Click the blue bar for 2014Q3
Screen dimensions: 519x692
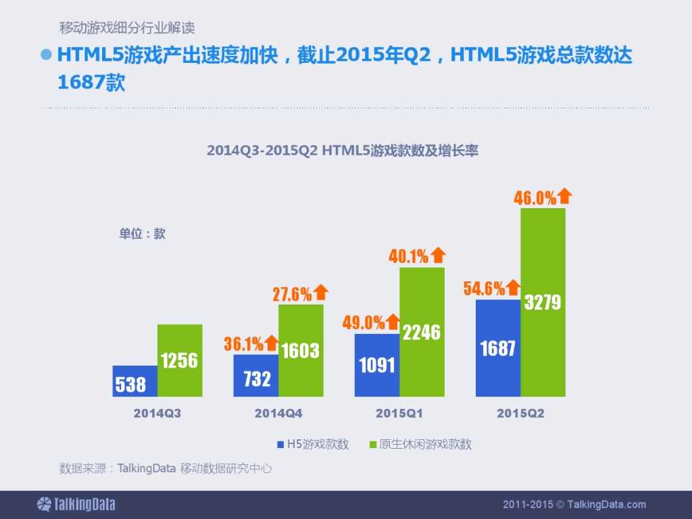pyautogui.click(x=135, y=381)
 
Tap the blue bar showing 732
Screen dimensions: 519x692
pyautogui.click(x=256, y=376)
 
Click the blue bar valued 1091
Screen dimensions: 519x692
pyautogui.click(x=377, y=365)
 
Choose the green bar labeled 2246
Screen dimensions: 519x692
pyautogui.click(x=422, y=332)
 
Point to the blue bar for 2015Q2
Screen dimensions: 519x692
pyautogui.click(x=498, y=348)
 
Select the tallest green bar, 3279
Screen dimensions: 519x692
pyautogui.click(x=543, y=302)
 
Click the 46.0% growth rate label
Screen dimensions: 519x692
pyautogui.click(x=535, y=198)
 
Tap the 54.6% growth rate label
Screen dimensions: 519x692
pyautogui.click(x=484, y=289)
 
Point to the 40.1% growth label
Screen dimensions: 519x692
pyautogui.click(x=408, y=256)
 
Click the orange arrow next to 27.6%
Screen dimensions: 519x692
pyautogui.click(x=321, y=293)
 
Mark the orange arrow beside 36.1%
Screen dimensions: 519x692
pyautogui.click(x=272, y=343)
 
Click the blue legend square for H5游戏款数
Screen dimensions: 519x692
pyautogui.click(x=280, y=445)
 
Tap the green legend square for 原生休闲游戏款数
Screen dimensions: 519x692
pyautogui.click(x=372, y=445)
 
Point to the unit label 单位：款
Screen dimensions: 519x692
pyautogui.click(x=142, y=234)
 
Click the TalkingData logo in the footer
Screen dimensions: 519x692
pyautogui.click(x=76, y=504)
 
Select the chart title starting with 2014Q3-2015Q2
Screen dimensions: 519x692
pyautogui.click(x=343, y=151)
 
